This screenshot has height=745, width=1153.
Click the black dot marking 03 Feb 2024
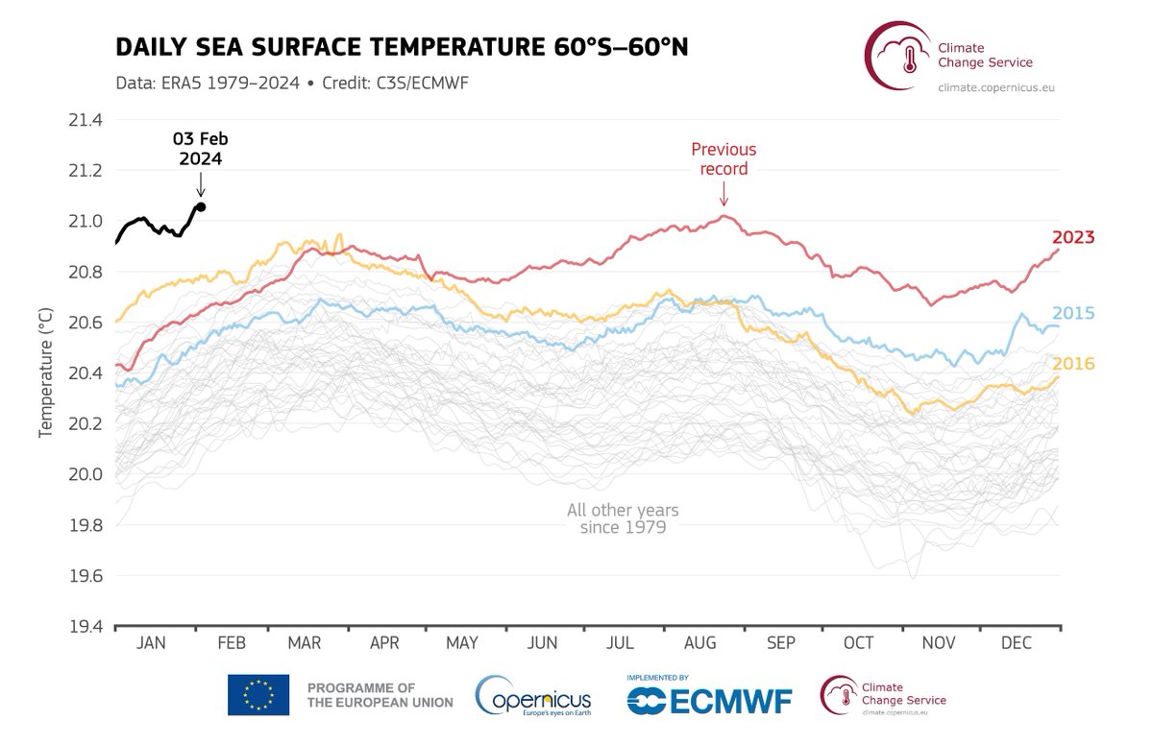click(x=201, y=206)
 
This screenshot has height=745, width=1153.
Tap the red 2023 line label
click(x=1073, y=237)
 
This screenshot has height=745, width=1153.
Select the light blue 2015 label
click(x=1073, y=314)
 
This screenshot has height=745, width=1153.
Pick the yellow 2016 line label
click(x=1073, y=364)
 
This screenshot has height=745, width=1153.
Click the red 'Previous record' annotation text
click(x=724, y=159)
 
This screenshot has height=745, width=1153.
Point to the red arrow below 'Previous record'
click(x=724, y=197)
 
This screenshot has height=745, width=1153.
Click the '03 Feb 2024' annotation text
click(x=200, y=149)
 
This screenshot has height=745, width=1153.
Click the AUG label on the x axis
click(x=699, y=643)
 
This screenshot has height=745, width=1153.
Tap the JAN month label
click(x=152, y=643)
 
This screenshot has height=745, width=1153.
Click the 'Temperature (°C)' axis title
click(x=44, y=373)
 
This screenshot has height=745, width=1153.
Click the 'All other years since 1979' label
click(x=623, y=519)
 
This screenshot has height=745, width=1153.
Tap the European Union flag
click(x=258, y=695)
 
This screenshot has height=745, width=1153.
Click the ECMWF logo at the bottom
click(x=710, y=698)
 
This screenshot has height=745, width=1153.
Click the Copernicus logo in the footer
click(x=533, y=696)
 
